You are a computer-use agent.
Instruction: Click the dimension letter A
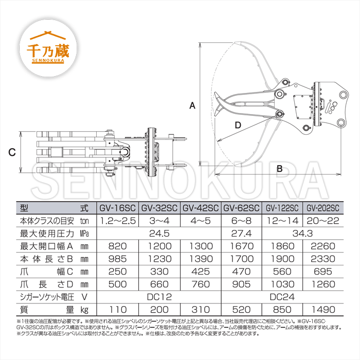192,105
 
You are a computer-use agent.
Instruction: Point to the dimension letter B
280,168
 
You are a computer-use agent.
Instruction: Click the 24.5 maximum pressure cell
159,233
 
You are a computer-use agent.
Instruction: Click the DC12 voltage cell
159,297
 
